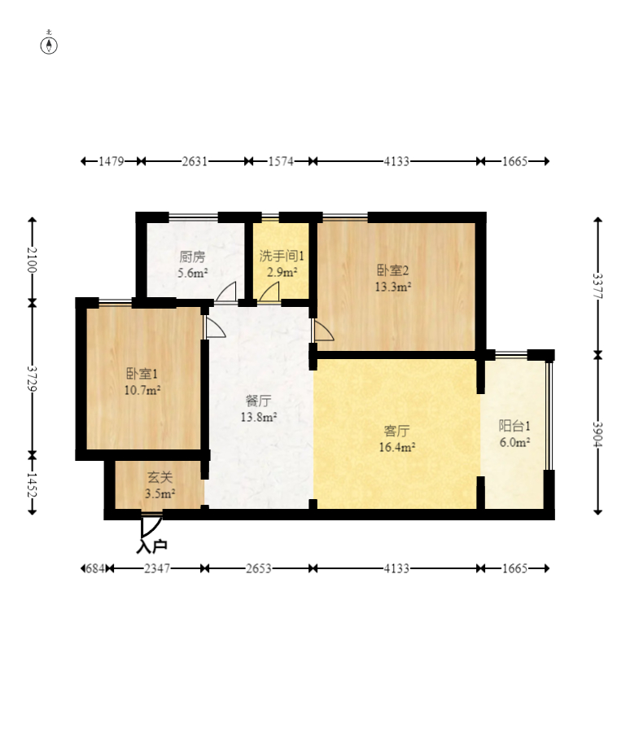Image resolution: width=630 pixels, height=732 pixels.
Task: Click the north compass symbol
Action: point(49,43)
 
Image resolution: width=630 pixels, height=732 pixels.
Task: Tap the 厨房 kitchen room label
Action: point(192,256)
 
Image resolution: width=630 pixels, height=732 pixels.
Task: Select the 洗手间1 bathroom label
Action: point(282,256)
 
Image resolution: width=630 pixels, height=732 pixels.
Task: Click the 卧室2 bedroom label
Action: point(393,270)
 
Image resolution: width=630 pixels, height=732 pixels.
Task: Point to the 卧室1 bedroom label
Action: point(142,374)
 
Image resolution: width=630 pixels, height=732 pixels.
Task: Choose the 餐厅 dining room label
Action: point(259,401)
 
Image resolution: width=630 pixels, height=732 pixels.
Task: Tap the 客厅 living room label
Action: point(396,431)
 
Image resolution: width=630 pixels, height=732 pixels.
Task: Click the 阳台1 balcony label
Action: point(514,426)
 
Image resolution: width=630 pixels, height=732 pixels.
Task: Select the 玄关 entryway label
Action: point(160,477)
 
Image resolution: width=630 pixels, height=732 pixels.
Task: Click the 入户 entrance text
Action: point(151,546)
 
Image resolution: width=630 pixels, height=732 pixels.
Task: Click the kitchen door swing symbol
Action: point(225,291)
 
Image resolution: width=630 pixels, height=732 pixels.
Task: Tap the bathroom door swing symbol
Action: point(269,291)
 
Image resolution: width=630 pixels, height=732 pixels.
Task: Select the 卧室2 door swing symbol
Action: point(324,330)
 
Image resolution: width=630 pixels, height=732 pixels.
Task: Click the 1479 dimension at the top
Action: point(111,161)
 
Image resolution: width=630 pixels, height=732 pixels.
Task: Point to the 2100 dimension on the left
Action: point(32,260)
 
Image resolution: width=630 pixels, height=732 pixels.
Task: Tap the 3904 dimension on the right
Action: point(597,434)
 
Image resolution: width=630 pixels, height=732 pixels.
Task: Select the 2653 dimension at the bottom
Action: point(259,568)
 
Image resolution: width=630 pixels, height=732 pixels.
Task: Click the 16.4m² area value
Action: point(397,447)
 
